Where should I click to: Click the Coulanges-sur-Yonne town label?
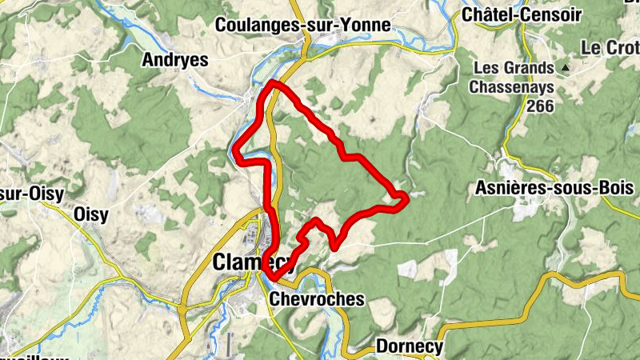click(302, 26)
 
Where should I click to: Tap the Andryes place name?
click(174, 60)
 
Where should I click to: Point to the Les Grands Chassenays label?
click(514, 77)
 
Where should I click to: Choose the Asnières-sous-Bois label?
click(554, 188)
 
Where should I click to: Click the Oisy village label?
click(90, 214)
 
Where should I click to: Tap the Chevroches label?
click(318, 299)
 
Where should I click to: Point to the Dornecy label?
click(409, 347)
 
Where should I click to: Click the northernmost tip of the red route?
click(274, 82)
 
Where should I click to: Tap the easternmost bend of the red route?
click(407, 196)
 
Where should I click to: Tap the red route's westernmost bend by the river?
click(234, 147)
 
